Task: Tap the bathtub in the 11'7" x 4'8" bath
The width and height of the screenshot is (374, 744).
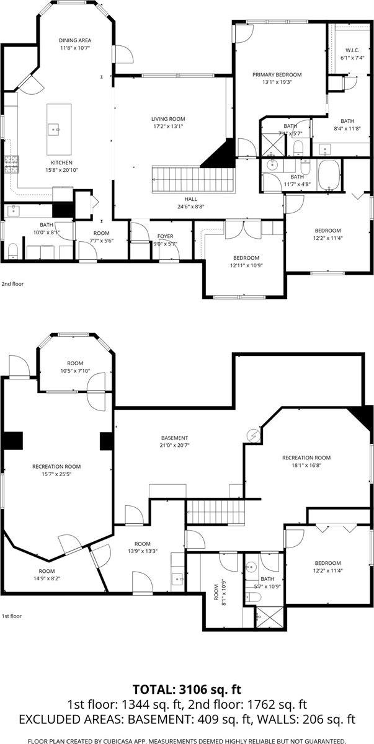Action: [329, 175]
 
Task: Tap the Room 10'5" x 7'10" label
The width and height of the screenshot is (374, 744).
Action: [75, 367]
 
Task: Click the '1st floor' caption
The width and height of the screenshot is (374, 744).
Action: [11, 616]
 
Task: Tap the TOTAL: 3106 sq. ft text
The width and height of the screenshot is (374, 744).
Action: [187, 689]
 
